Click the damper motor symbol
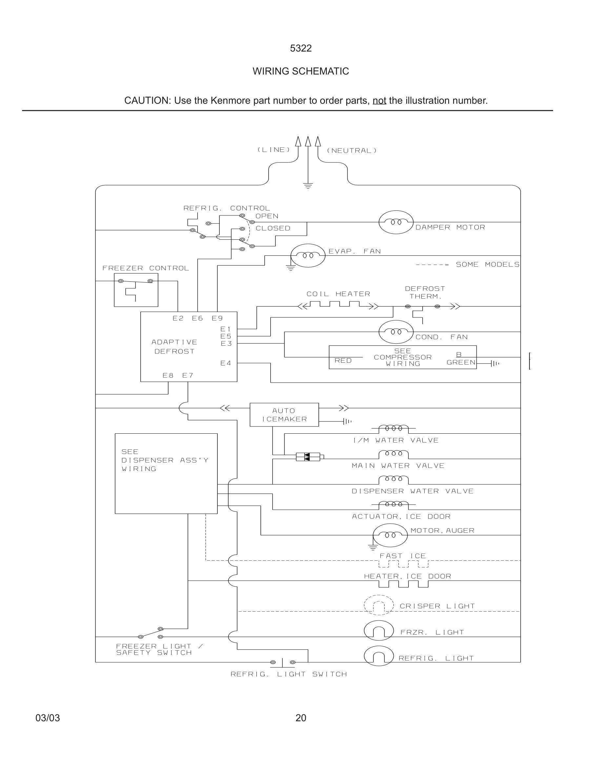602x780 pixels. tap(396, 222)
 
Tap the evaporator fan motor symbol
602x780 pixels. tap(308, 255)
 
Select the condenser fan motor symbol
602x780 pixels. tap(396, 332)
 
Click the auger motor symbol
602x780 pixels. tap(390, 535)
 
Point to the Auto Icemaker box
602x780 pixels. tap(284, 415)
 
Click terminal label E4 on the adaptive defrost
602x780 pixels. tap(226, 363)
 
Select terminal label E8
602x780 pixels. tap(168, 375)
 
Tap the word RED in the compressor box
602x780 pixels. tap(343, 361)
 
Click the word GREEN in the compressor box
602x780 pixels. tap(461, 362)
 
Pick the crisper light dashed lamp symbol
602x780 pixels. tap(379, 605)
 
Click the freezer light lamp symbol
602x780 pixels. tap(379, 631)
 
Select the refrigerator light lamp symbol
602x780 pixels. tap(379, 656)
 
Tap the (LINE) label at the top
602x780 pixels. tap(274, 150)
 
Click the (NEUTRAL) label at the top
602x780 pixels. tap(351, 151)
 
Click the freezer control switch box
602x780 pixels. tap(136, 290)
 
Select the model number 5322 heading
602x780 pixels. tap(301, 48)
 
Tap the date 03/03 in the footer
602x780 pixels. tap(48, 718)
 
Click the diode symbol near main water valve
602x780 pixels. tap(308, 457)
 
